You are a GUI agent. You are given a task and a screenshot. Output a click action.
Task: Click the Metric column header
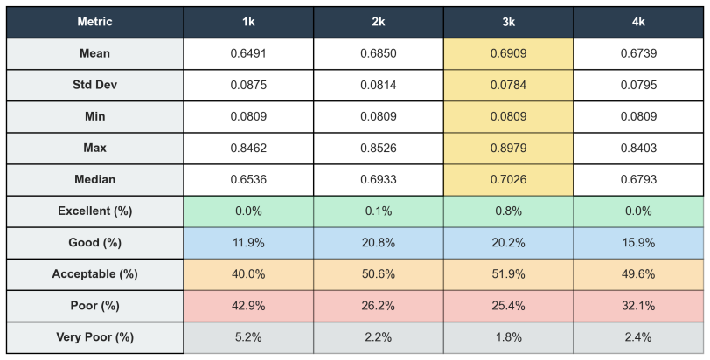94,22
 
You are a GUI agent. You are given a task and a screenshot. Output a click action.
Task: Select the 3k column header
509,22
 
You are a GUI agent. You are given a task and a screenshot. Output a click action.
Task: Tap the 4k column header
638,22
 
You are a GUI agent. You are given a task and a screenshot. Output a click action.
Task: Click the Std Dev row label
94,85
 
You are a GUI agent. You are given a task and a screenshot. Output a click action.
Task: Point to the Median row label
94,179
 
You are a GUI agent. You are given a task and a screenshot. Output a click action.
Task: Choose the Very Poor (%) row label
94,337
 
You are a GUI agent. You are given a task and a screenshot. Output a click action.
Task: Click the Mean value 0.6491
248,53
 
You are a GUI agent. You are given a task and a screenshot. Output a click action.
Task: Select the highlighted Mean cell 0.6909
509,53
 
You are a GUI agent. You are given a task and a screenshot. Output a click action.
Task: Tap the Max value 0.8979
509,148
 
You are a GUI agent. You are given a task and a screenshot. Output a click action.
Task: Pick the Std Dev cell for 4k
638,85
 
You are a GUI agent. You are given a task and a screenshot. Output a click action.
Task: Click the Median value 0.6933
379,179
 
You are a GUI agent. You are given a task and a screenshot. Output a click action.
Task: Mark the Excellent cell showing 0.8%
509,211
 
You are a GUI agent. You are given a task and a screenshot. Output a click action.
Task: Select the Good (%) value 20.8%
379,243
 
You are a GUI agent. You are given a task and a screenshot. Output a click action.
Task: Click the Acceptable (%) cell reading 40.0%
248,274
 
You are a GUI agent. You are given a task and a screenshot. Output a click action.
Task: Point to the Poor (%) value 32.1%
638,306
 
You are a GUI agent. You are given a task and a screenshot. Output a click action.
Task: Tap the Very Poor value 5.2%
248,337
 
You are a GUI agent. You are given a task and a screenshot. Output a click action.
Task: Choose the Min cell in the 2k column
379,117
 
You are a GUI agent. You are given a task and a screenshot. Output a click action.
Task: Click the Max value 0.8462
248,148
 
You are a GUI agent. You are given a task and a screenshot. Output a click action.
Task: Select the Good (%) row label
94,243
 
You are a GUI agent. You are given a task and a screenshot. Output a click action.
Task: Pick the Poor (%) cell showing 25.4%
509,306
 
